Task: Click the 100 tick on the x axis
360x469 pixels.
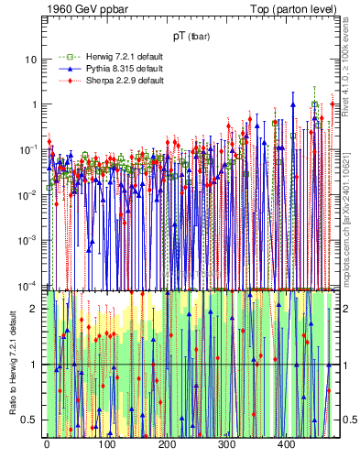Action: tap(107, 445)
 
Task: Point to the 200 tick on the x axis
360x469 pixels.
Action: tap(167, 445)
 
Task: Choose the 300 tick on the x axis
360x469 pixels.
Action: tap(227, 445)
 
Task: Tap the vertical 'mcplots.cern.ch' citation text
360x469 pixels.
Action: tap(351, 220)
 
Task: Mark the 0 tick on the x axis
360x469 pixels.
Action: tap(47, 445)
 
